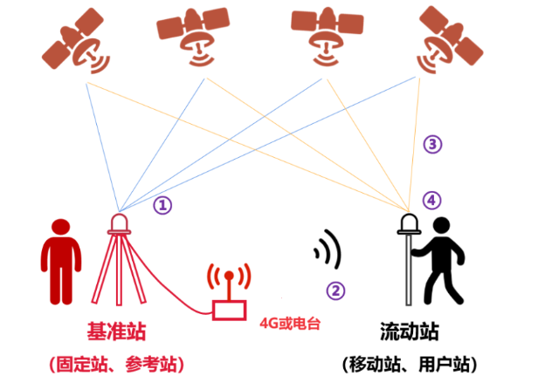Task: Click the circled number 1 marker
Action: [x=162, y=205]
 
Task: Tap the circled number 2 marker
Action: [x=335, y=291]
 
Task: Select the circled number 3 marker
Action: [x=432, y=144]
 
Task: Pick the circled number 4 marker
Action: [x=432, y=200]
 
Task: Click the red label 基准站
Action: [x=117, y=331]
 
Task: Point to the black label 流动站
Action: [x=410, y=331]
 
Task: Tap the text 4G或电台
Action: [x=290, y=323]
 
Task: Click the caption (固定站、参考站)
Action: [x=117, y=364]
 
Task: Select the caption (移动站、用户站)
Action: [x=410, y=364]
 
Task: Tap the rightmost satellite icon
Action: [x=450, y=40]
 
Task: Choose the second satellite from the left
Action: [x=193, y=37]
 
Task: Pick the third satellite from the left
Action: [x=327, y=37]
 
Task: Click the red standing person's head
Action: [x=61, y=227]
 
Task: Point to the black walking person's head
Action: [x=442, y=226]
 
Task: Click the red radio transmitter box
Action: [x=229, y=311]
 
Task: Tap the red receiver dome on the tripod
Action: [x=119, y=223]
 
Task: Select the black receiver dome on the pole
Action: [x=409, y=224]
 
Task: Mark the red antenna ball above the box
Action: [x=229, y=276]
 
